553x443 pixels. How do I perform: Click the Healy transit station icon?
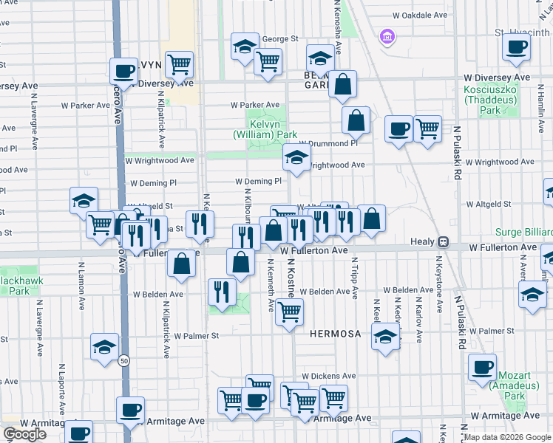click(x=444, y=241)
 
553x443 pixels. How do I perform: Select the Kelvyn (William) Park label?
click(x=265, y=130)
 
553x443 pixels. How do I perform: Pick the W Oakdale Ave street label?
click(x=420, y=15)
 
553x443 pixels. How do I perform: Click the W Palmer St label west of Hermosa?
click(x=197, y=335)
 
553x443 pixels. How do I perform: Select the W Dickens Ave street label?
click(x=329, y=376)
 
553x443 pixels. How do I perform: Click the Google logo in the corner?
click(x=24, y=434)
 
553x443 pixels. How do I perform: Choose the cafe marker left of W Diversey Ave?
click(x=124, y=72)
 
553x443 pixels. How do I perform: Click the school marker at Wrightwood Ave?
click(x=296, y=157)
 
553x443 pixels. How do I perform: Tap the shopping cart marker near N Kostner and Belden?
click(x=289, y=312)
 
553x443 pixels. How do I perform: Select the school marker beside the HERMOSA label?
click(x=385, y=338)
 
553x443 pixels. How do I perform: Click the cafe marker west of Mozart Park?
click(x=482, y=367)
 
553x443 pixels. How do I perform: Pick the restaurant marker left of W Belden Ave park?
click(x=221, y=292)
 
